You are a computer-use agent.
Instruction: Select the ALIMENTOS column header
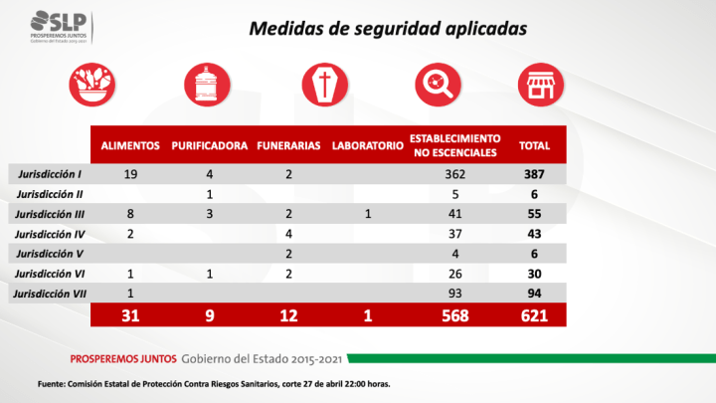[x=130, y=145]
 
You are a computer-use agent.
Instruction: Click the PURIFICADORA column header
[x=209, y=145]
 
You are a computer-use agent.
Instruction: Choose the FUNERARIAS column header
[x=288, y=145]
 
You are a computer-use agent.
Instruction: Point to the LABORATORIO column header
[x=366, y=145]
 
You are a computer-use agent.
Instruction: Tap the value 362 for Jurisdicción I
[x=454, y=174]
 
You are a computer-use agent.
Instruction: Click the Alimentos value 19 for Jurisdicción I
[x=130, y=174]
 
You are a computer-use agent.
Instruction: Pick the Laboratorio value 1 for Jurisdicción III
[x=367, y=213]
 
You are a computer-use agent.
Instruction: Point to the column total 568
[x=454, y=315]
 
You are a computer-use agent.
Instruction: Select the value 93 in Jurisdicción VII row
[x=454, y=294]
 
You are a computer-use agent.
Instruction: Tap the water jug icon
[x=206, y=83]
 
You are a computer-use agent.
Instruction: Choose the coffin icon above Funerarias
[x=323, y=83]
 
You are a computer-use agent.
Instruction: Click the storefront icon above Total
[x=540, y=83]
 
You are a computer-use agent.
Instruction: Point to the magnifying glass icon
[x=437, y=83]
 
